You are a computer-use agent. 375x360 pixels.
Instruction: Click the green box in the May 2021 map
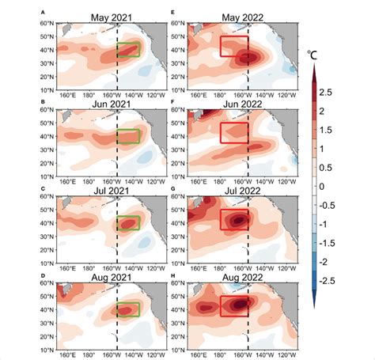point(128,50)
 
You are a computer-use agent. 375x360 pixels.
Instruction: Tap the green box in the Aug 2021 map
point(128,309)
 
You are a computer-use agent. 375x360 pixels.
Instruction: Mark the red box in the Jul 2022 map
point(234,219)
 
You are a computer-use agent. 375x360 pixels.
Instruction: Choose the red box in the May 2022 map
point(234,46)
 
